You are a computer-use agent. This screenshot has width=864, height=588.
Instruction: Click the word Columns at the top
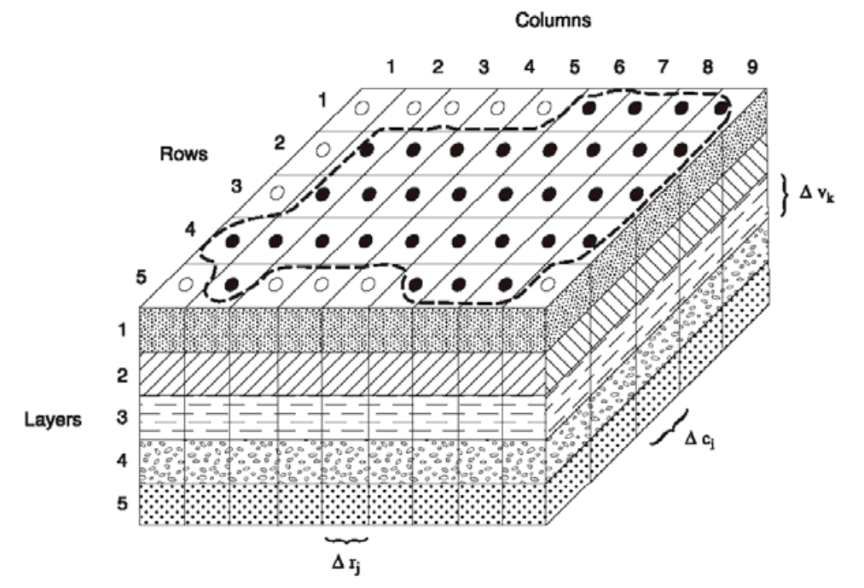(552, 20)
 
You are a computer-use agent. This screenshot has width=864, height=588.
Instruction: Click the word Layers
(54, 420)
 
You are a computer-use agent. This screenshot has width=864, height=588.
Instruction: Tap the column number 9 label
(750, 66)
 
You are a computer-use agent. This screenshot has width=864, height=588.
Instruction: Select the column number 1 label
(390, 66)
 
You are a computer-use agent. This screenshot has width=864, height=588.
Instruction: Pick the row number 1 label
(322, 100)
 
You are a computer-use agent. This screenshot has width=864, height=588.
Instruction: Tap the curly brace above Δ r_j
(346, 539)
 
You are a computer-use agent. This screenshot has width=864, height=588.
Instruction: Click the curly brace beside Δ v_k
(785, 192)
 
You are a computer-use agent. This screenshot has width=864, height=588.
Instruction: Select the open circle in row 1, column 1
(362, 108)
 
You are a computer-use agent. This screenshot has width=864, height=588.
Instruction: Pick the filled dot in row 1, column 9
(722, 108)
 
